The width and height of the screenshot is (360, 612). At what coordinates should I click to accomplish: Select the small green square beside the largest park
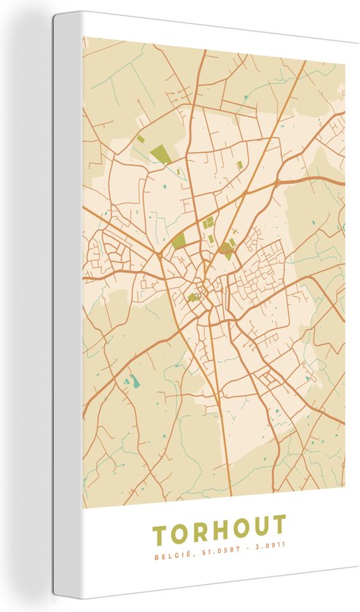click(x=140, y=138)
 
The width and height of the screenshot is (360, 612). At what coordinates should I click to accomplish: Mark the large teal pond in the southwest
click(x=132, y=381)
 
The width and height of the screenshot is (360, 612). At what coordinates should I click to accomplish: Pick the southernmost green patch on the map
click(x=192, y=297)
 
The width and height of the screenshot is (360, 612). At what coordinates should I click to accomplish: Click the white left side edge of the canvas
click(x=67, y=306)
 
